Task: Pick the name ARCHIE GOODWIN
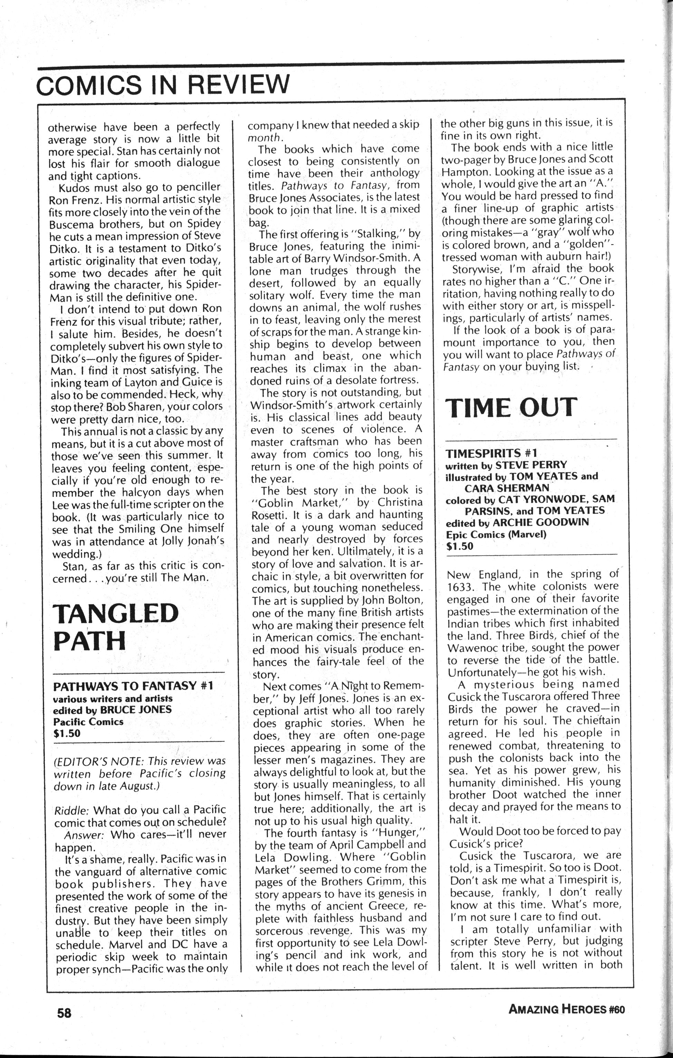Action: coord(541,522)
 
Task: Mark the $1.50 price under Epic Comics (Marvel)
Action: coord(460,546)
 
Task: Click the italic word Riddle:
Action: coord(71,810)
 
